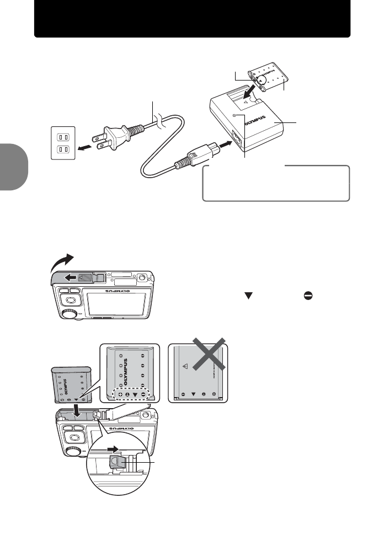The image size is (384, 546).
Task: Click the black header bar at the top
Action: tap(192, 19)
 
